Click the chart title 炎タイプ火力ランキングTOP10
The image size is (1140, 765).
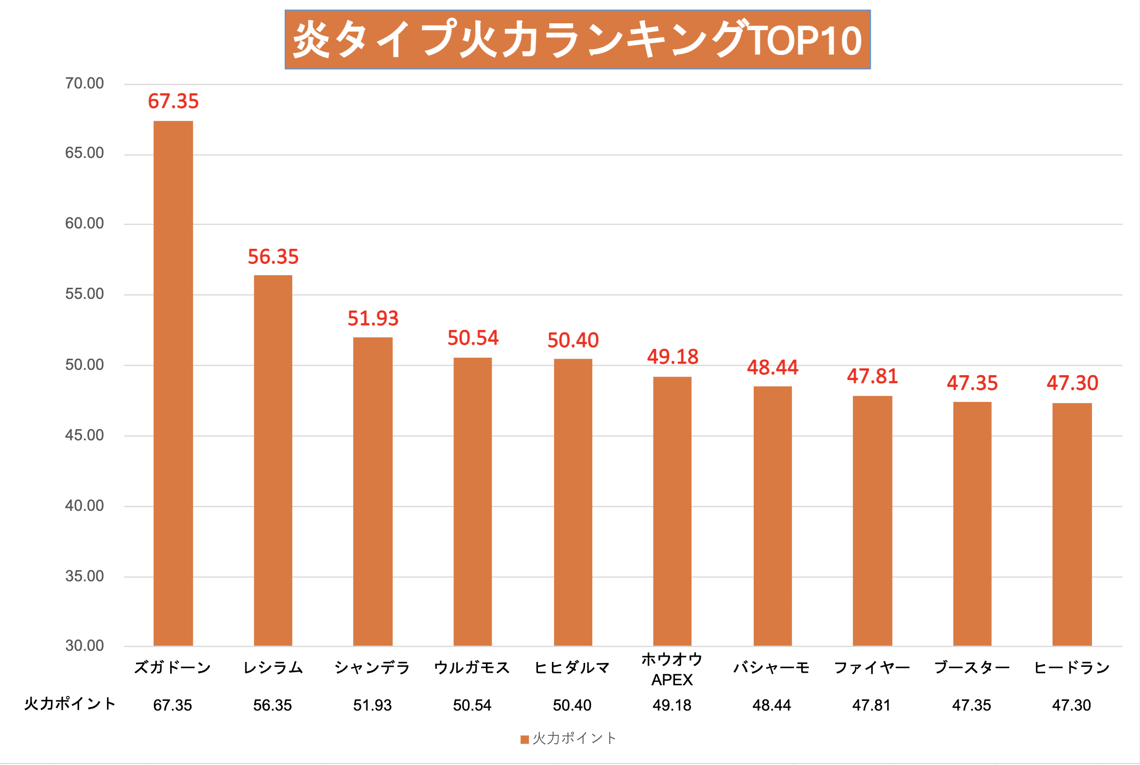click(577, 39)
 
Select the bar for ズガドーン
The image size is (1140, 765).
click(173, 383)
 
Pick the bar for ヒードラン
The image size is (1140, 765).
click(1071, 524)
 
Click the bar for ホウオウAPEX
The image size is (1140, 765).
click(672, 511)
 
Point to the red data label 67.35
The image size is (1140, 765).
click(173, 102)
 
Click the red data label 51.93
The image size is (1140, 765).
click(373, 318)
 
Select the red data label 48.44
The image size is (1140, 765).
click(772, 367)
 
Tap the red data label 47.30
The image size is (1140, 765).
click(1072, 383)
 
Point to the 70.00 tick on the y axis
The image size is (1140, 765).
click(85, 84)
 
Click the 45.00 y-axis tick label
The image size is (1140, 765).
click(85, 435)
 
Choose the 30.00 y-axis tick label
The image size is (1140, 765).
click(85, 645)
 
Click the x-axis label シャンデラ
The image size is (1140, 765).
click(372, 667)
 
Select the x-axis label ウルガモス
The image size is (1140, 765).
click(472, 667)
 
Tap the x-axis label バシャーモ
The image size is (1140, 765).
click(771, 667)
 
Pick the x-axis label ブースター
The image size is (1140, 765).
click(972, 667)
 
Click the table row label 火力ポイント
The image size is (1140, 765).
click(70, 704)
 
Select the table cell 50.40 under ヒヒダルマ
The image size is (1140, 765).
click(572, 705)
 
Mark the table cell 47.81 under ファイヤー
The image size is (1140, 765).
click(871, 705)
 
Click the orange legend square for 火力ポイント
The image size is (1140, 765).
click(525, 740)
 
